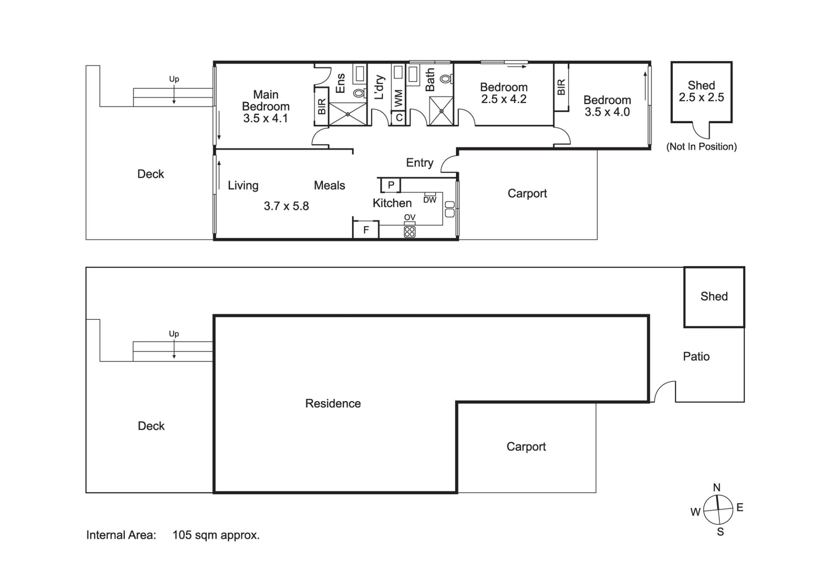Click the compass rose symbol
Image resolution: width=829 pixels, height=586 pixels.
718,510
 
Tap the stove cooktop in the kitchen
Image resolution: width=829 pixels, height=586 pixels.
409,232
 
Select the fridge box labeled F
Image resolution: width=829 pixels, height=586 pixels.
366,229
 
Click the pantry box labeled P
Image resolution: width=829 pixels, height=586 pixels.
391,185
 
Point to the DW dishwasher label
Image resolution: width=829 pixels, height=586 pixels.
430,200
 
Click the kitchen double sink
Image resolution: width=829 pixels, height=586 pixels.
449,209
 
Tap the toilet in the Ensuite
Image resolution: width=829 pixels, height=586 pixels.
359,93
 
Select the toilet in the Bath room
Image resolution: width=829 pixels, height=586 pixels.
446,79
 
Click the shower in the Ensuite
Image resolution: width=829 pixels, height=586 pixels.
348,114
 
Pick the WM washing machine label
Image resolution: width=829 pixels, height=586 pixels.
399,98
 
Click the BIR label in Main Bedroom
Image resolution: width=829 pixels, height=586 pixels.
322,107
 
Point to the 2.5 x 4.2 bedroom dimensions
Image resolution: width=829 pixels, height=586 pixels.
504,99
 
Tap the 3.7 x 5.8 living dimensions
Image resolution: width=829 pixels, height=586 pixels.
286,206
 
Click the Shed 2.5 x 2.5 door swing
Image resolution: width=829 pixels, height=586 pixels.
701,130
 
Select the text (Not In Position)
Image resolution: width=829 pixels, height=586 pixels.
702,146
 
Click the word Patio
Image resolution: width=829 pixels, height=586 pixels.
696,357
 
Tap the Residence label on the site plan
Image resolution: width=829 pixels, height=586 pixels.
333,403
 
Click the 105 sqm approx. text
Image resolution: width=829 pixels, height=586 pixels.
216,535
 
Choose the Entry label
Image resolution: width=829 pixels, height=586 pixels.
420,163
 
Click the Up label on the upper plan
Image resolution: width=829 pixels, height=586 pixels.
174,79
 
